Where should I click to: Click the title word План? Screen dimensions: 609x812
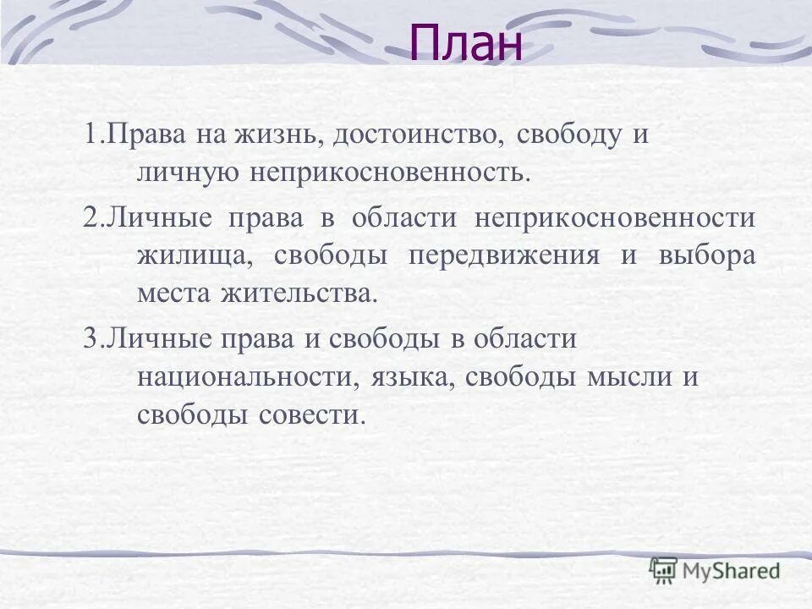point(466,43)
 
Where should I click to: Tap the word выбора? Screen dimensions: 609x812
point(707,255)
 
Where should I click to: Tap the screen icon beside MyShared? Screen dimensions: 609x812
point(664,569)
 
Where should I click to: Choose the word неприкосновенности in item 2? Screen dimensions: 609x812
point(615,218)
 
